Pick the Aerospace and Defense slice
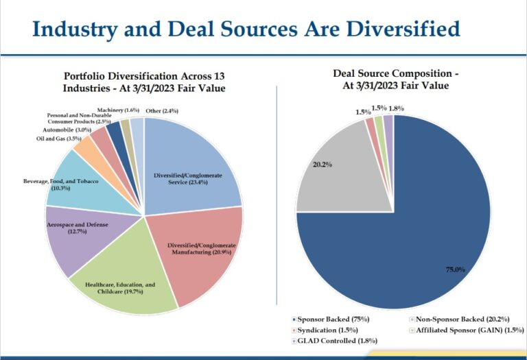pyautogui.click(x=75, y=237)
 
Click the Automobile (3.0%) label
pyautogui.click(x=67, y=129)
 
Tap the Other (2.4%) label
pyautogui.click(x=162, y=110)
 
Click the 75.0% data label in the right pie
pyautogui.click(x=456, y=269)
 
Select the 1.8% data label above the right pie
pyautogui.click(x=397, y=108)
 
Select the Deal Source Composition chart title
pyautogui.click(x=395, y=79)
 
